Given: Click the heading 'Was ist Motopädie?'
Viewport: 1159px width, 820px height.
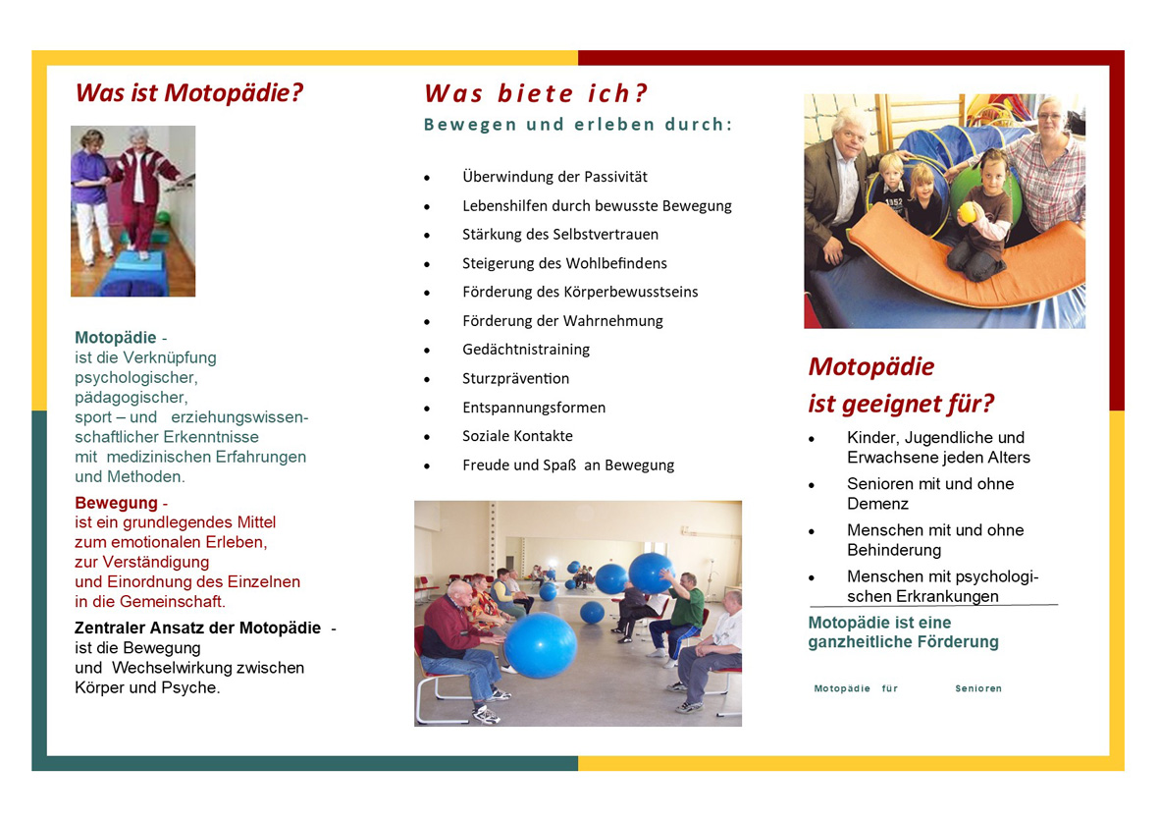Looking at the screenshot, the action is (x=189, y=93).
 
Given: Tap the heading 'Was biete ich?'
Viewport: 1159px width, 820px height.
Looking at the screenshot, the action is (x=535, y=93).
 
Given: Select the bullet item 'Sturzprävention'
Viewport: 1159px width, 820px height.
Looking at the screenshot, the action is (x=516, y=379).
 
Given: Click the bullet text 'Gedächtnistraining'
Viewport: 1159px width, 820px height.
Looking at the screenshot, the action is (x=526, y=350).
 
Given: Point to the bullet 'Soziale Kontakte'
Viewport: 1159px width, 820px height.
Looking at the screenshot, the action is (x=517, y=436).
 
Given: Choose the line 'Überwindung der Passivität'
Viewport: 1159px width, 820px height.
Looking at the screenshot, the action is (x=555, y=177).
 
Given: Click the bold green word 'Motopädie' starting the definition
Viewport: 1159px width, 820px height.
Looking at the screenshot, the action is (x=115, y=338).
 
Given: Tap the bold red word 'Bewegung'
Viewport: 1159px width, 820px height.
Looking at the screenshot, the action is (x=116, y=503).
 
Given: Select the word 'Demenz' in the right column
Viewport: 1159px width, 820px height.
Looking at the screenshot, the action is (x=878, y=504).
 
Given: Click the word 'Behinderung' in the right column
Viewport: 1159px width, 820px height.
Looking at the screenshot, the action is (x=894, y=550).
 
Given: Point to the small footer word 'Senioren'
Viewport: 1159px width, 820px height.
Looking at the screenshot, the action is (x=977, y=688).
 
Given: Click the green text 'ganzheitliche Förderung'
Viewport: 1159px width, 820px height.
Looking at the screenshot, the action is (x=903, y=642).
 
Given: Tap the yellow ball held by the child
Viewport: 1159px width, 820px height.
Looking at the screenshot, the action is (x=967, y=213).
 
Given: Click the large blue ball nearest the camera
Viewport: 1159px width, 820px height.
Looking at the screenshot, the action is (x=541, y=646).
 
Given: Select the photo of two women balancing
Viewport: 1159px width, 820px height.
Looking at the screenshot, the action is (x=133, y=211).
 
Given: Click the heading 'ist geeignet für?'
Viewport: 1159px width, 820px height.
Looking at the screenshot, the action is (x=901, y=404).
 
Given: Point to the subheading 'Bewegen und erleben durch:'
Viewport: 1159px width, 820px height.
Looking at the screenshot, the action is (x=578, y=124).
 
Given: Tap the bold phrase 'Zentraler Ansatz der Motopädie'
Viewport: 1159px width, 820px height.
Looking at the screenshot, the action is (x=198, y=629).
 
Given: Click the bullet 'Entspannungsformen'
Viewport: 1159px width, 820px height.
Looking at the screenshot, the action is (x=534, y=408).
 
